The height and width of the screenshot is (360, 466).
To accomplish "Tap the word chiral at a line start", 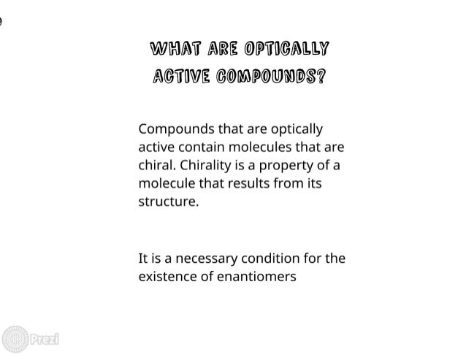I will coord(155,164).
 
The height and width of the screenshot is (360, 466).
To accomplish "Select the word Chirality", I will coord(207,164).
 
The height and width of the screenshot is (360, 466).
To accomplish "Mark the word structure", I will coord(168,200).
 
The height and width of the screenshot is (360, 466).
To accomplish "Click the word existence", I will coord(166,276).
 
